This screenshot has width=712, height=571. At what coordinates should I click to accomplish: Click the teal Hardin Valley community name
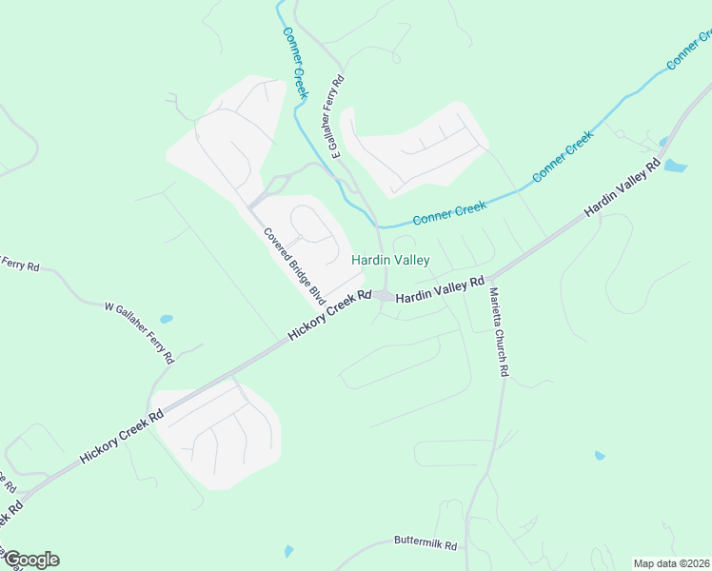click(390, 260)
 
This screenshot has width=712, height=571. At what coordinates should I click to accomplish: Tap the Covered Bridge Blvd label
click(294, 266)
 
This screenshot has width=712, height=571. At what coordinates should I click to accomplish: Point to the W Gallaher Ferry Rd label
click(139, 333)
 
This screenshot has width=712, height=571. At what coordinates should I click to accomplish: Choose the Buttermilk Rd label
click(425, 545)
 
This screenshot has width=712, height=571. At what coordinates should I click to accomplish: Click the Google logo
click(31, 560)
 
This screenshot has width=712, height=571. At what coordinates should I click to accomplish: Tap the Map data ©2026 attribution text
click(671, 563)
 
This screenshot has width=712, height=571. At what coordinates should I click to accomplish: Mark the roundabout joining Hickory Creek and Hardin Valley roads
click(383, 296)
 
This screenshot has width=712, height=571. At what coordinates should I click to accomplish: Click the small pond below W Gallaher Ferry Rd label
click(167, 319)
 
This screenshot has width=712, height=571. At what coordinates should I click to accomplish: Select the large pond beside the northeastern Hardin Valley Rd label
click(674, 166)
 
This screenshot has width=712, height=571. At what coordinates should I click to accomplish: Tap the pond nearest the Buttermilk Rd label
click(288, 551)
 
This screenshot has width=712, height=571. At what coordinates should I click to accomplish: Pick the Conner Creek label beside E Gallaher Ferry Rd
click(296, 63)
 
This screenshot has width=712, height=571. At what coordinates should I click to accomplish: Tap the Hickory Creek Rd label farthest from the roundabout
click(122, 436)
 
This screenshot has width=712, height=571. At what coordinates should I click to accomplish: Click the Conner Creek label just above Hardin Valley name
click(449, 211)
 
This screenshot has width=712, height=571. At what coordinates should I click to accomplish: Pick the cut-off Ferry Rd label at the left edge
click(19, 264)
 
